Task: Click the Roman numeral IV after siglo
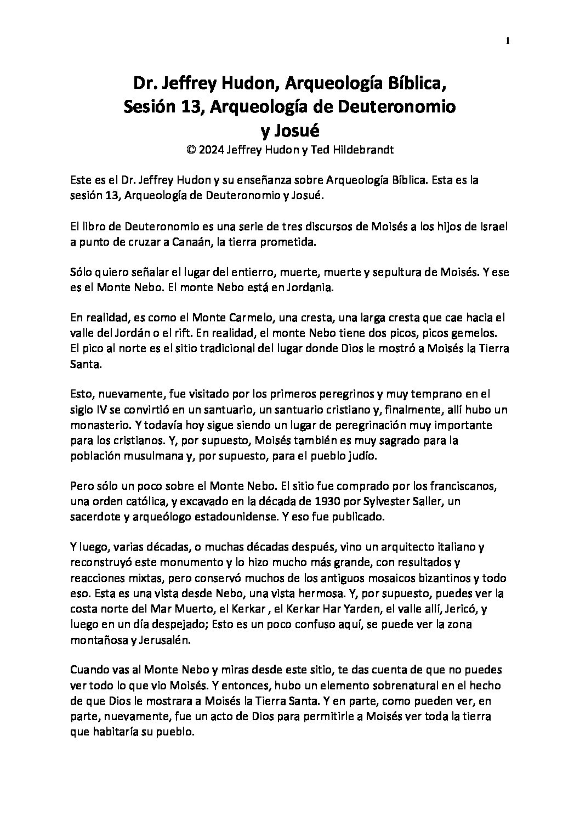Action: pos(99,410)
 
